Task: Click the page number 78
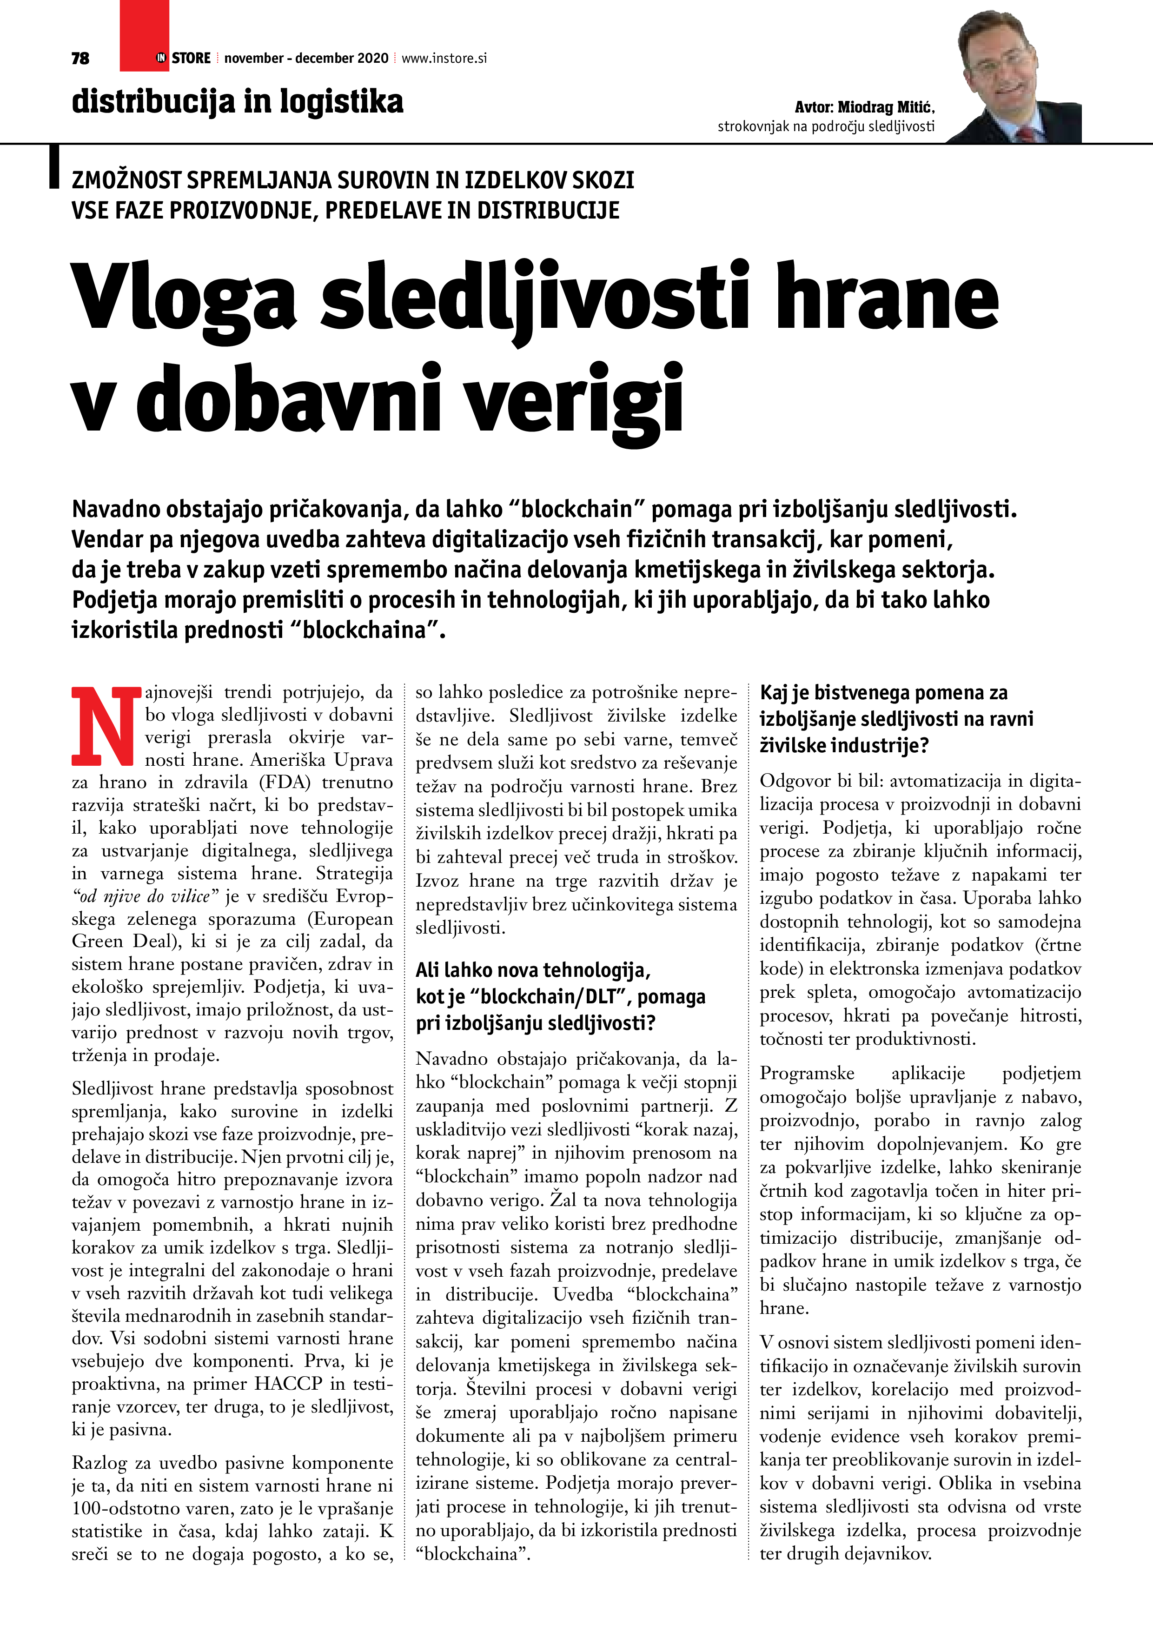pyautogui.click(x=80, y=58)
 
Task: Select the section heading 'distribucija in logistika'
pyautogui.click(x=237, y=101)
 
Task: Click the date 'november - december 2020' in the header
pyautogui.click(x=306, y=58)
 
